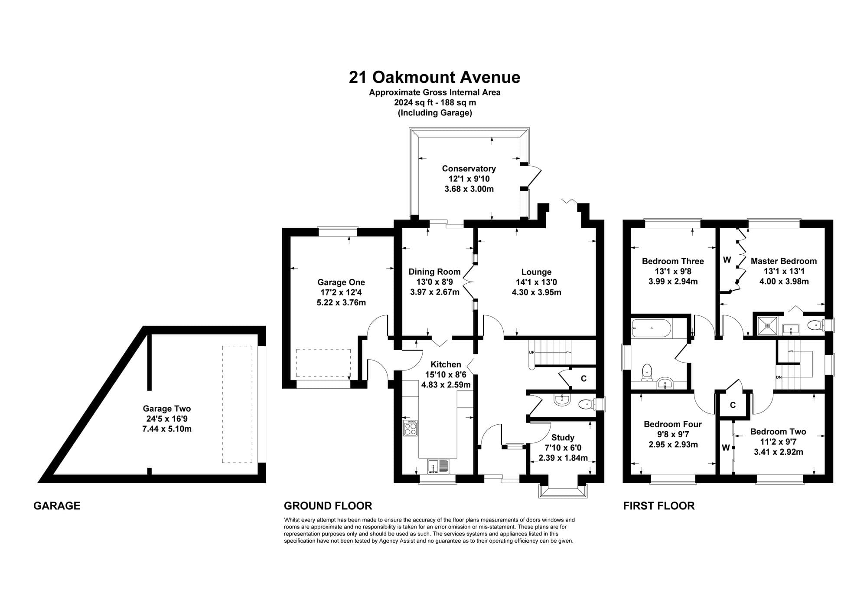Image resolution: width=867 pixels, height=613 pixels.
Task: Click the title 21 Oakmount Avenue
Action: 434,77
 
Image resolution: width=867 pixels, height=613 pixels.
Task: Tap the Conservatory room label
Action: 469,168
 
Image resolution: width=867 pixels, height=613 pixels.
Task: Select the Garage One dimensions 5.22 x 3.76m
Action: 341,302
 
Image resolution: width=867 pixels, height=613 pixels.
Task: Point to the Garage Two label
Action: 167,409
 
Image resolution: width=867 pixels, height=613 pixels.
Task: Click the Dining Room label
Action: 434,272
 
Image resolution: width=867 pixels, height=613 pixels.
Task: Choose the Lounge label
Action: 536,272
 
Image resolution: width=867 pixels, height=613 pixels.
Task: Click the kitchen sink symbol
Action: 439,466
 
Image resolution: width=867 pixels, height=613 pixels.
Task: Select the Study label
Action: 563,438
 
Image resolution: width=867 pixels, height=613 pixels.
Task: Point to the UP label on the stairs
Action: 531,352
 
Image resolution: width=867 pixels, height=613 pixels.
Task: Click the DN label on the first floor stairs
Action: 779,377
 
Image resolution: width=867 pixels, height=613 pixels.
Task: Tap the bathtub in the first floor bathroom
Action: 652,328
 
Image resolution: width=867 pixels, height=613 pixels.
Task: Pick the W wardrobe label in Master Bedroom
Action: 727,260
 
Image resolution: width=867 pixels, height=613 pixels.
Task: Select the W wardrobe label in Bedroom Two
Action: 726,448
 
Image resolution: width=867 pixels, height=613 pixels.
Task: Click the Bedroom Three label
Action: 673,261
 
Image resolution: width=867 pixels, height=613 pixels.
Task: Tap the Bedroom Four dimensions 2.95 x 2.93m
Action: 673,445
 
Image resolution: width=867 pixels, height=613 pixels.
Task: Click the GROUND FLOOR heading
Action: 328,506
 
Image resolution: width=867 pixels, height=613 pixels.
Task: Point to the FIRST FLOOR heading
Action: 659,506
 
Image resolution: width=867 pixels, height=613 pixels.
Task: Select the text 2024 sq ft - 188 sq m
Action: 435,103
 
